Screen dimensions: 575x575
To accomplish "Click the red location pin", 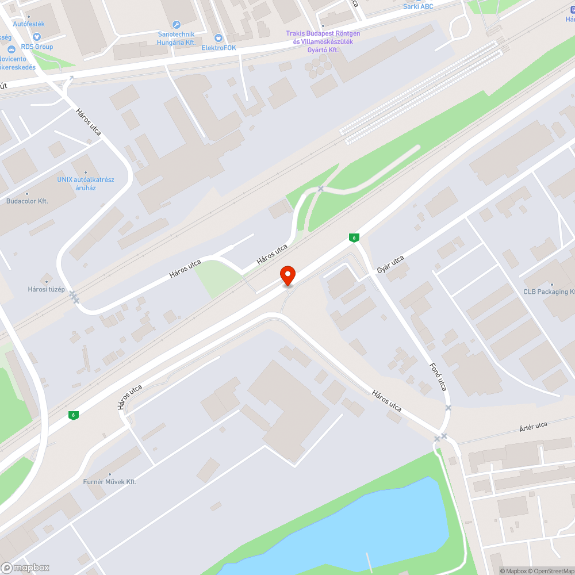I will click(287, 275).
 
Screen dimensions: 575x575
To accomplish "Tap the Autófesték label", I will click(29, 24).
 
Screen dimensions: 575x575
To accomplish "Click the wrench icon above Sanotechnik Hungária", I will click(177, 24).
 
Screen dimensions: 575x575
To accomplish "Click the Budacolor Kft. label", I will click(27, 201).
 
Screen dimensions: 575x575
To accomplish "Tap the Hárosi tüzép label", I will click(47, 289).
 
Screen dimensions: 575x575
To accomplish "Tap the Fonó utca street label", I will click(439, 377).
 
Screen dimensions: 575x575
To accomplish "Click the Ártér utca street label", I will click(533, 426).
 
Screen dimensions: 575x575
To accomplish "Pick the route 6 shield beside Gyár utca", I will click(354, 237).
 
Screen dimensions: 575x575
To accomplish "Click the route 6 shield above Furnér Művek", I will click(72, 415).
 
